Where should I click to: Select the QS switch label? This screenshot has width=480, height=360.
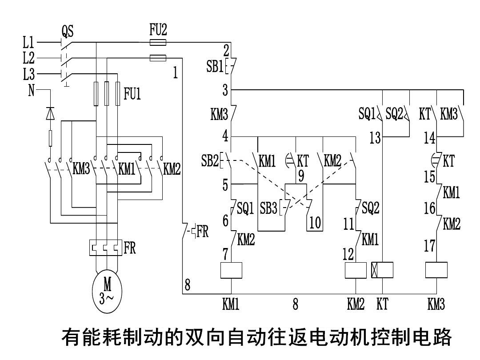[x=67, y=31]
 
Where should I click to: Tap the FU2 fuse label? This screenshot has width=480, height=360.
[x=158, y=30]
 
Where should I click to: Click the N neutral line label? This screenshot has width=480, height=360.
[x=31, y=91]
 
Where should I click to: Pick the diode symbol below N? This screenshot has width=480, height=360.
[x=50, y=114]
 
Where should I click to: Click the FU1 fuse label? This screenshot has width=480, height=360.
[x=132, y=94]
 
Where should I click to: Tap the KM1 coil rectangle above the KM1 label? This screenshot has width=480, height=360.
[x=231, y=270]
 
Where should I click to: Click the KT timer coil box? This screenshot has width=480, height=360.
[x=382, y=270]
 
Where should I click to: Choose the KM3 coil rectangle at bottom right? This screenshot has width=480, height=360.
[x=436, y=270]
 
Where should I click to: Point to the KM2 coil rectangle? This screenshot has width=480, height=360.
[x=356, y=270]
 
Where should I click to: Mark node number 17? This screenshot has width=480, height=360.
[x=429, y=246]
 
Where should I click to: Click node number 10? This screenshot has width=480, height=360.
[x=315, y=223]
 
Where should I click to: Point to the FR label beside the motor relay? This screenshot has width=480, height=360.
[x=130, y=248]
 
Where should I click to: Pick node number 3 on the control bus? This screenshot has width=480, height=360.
[x=225, y=91]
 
